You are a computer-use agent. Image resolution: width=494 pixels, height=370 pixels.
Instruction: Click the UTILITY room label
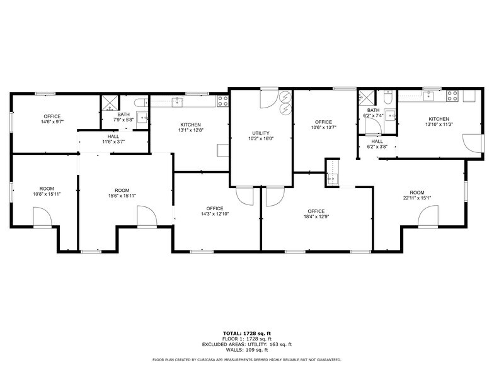click(x=261, y=133)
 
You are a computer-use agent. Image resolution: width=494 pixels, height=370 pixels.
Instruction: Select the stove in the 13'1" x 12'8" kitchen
click(x=222, y=99)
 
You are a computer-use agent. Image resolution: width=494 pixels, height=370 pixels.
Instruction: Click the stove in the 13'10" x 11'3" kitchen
click(x=452, y=96)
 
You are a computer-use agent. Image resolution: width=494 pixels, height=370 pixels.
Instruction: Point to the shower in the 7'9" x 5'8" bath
click(x=109, y=103)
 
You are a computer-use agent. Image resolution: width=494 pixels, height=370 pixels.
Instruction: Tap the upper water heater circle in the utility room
click(x=285, y=98)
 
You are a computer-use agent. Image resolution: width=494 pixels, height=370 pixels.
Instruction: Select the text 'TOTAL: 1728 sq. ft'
click(x=246, y=333)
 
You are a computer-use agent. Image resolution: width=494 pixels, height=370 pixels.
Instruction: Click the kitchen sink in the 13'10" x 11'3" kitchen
click(x=432, y=96)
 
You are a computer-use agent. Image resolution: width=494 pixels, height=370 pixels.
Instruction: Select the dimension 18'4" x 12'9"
click(x=316, y=217)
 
